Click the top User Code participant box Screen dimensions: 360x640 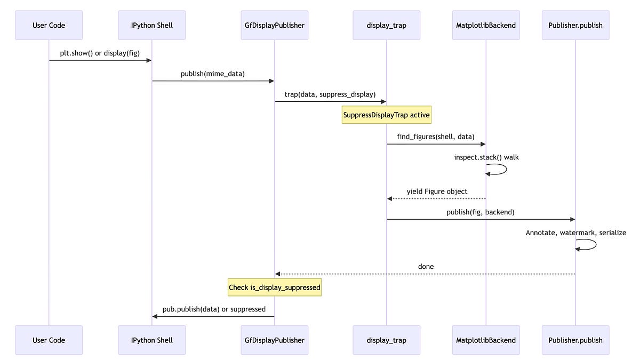click(x=49, y=25)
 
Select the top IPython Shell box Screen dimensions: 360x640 click(x=152, y=25)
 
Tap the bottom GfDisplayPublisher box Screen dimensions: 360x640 click(x=275, y=340)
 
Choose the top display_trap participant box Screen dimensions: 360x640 click(x=387, y=25)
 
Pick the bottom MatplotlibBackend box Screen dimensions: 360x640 click(x=486, y=340)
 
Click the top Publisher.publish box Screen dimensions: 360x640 click(x=575, y=25)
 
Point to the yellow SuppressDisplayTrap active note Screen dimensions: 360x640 click(x=387, y=115)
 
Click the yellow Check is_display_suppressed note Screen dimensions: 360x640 click(x=275, y=287)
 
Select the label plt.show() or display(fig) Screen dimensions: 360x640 click(x=100, y=53)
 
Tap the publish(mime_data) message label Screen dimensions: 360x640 click(x=213, y=74)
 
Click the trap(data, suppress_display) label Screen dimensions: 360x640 click(x=330, y=94)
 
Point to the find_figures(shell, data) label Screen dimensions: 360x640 click(x=436, y=137)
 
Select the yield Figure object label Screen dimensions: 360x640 click(x=437, y=191)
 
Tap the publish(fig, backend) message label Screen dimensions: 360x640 click(x=481, y=212)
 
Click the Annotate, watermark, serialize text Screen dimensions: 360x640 click(x=576, y=233)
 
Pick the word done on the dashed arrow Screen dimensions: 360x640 click(x=426, y=266)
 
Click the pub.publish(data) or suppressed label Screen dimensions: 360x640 click(x=214, y=309)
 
